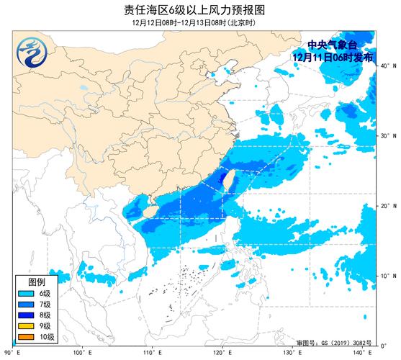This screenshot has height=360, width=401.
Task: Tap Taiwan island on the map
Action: (225, 180)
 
